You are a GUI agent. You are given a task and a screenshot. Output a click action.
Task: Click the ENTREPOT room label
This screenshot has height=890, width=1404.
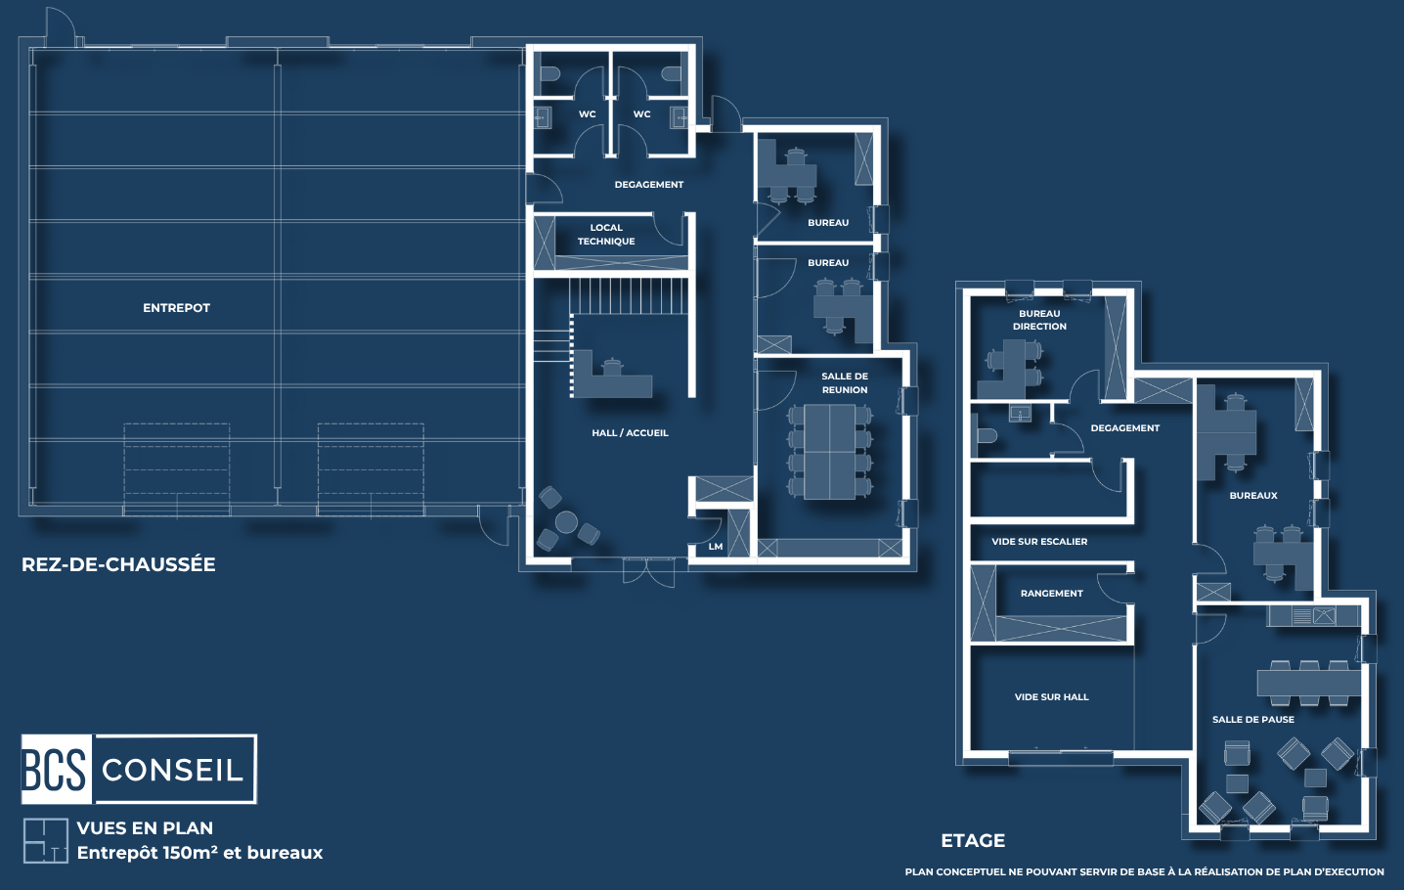point(176,308)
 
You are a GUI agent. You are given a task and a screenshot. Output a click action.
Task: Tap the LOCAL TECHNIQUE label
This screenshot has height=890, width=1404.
point(606,234)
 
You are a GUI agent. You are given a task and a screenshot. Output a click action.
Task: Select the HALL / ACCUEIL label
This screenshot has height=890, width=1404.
point(630,432)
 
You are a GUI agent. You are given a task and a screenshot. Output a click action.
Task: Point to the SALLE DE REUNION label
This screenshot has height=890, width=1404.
point(845,382)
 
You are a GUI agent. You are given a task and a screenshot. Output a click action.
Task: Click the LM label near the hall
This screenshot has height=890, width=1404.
point(715,547)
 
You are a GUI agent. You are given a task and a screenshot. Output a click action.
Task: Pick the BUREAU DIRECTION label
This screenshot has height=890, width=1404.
point(1039,320)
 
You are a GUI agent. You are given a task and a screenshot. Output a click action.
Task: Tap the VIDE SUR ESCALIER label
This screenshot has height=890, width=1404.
point(1039,541)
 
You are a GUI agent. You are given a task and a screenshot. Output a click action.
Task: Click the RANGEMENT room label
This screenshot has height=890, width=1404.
point(1051,594)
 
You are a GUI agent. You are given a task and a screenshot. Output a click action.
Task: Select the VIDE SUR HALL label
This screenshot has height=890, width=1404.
point(1051,696)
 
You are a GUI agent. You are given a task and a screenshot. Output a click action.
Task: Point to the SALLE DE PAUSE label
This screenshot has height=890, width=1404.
point(1253,720)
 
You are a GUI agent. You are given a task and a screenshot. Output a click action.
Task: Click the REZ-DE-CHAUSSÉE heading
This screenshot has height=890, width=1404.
point(118,564)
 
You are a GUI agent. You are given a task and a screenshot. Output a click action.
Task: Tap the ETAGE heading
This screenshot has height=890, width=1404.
point(973,840)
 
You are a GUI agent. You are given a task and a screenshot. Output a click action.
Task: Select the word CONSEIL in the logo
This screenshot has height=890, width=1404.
point(172,771)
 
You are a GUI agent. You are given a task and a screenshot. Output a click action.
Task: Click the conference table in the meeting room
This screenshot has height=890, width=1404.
point(830,452)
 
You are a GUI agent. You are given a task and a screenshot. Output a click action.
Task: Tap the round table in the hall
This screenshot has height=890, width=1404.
point(567,522)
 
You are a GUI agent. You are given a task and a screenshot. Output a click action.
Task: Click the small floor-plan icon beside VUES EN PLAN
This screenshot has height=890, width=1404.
point(45,840)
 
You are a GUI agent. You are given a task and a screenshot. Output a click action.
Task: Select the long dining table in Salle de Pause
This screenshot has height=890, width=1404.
point(1309,683)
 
